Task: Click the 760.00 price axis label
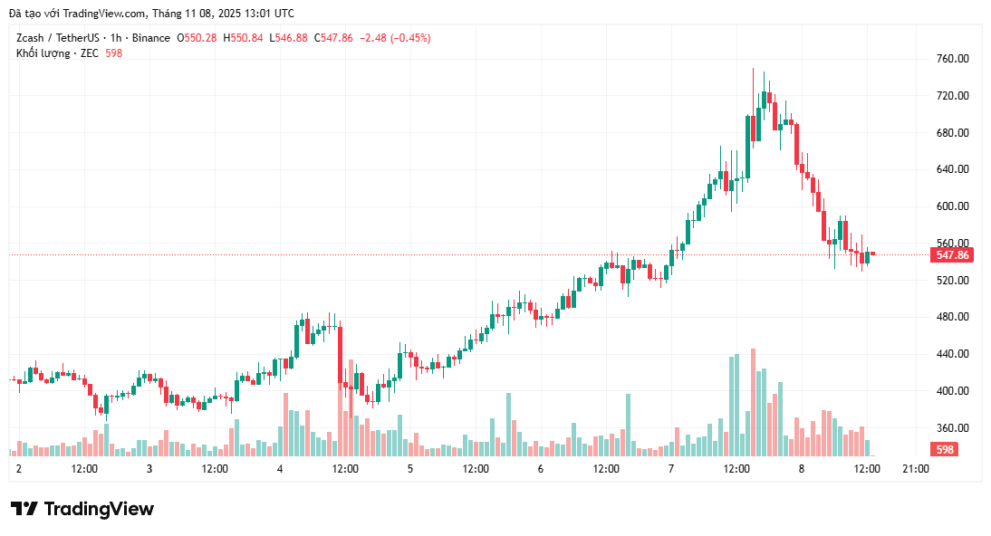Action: click(x=953, y=59)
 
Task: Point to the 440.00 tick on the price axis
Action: click(x=953, y=354)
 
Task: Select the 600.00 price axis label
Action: click(x=953, y=206)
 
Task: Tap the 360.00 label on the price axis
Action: click(x=953, y=428)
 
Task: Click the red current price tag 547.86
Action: click(x=951, y=255)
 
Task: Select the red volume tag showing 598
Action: click(x=945, y=450)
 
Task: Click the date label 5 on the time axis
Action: click(x=410, y=469)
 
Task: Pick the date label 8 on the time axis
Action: click(x=801, y=469)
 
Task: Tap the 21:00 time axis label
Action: click(x=916, y=469)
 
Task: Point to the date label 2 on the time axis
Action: click(x=18, y=469)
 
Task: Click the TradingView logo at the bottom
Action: click(x=82, y=509)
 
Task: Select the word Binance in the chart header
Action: click(x=150, y=38)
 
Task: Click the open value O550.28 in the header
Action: click(x=197, y=38)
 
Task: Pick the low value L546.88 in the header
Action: click(x=289, y=38)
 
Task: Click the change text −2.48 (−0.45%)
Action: click(x=395, y=38)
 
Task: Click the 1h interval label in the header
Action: click(x=115, y=38)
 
